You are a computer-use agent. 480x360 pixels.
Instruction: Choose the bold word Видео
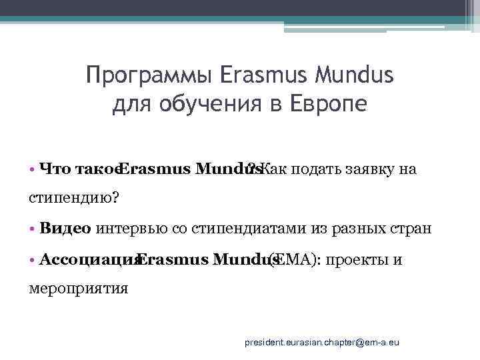65,229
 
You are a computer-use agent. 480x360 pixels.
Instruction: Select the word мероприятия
79,288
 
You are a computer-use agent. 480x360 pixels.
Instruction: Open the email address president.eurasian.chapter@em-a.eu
321,341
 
